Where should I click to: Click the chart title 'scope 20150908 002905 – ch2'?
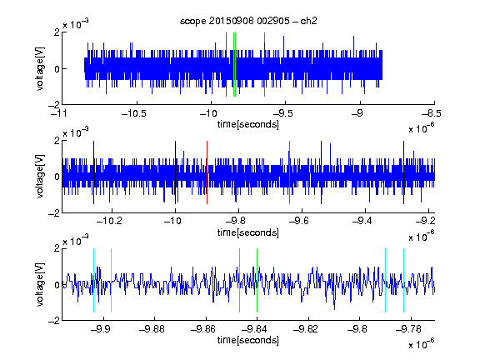pyautogui.click(x=248, y=21)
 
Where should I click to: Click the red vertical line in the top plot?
pyautogui.click(x=226, y=65)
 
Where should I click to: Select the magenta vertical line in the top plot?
pyautogui.click(x=264, y=65)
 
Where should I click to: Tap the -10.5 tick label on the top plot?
pyautogui.click(x=134, y=113)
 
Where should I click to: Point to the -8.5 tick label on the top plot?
pyautogui.click(x=431, y=113)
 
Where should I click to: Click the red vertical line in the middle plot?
pyautogui.click(x=207, y=172)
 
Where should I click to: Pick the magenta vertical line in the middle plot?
pyautogui.click(x=290, y=172)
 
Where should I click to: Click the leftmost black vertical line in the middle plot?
pyautogui.click(x=93, y=172)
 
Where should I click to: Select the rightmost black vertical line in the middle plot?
pyautogui.click(x=403, y=172)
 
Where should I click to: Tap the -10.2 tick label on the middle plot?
pyautogui.click(x=109, y=221)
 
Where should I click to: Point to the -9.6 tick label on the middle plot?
pyautogui.click(x=299, y=221)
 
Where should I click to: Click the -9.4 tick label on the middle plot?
pyautogui.click(x=362, y=221)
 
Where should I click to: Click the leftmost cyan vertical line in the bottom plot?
pyautogui.click(x=93, y=280)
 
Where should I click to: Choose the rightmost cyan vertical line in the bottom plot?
pyautogui.click(x=403, y=280)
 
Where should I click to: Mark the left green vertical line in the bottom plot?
pyautogui.click(x=239, y=280)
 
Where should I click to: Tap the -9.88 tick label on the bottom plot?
pyautogui.click(x=152, y=329)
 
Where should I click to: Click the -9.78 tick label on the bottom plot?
pyautogui.click(x=408, y=329)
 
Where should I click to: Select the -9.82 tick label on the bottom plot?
pyautogui.click(x=306, y=329)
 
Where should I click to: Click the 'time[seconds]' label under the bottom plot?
pyautogui.click(x=248, y=340)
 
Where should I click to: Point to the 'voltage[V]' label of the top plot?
pyautogui.click(x=40, y=68)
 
